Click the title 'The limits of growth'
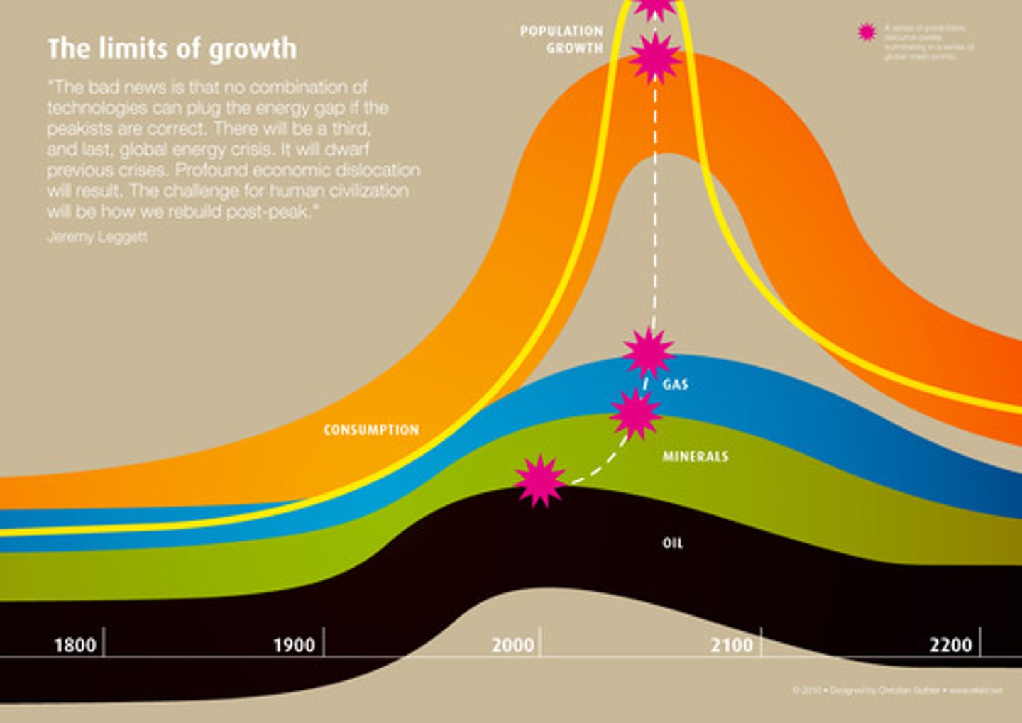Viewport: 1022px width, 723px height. tap(172, 49)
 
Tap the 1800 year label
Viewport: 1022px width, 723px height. tap(75, 645)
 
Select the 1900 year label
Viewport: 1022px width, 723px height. tap(294, 645)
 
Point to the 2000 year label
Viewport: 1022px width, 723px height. tap(512, 645)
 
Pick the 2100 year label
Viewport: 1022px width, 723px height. tap(732, 645)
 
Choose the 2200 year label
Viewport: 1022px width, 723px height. tap(950, 645)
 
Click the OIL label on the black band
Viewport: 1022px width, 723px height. tap(673, 543)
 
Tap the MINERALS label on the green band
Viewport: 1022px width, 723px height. tap(696, 456)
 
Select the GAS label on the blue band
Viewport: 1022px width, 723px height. tap(676, 385)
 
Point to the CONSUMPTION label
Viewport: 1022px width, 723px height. tap(371, 430)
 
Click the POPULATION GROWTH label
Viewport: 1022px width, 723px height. tap(561, 40)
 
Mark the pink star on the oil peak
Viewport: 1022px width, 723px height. tap(540, 481)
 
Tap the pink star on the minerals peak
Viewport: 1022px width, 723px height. tap(635, 414)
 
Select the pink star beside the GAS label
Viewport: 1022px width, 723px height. tap(648, 353)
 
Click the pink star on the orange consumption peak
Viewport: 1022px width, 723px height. tap(655, 58)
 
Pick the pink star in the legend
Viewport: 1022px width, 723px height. tap(867, 32)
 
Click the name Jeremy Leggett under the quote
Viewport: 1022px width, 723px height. tap(97, 237)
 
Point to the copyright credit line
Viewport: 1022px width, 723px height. tap(897, 690)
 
